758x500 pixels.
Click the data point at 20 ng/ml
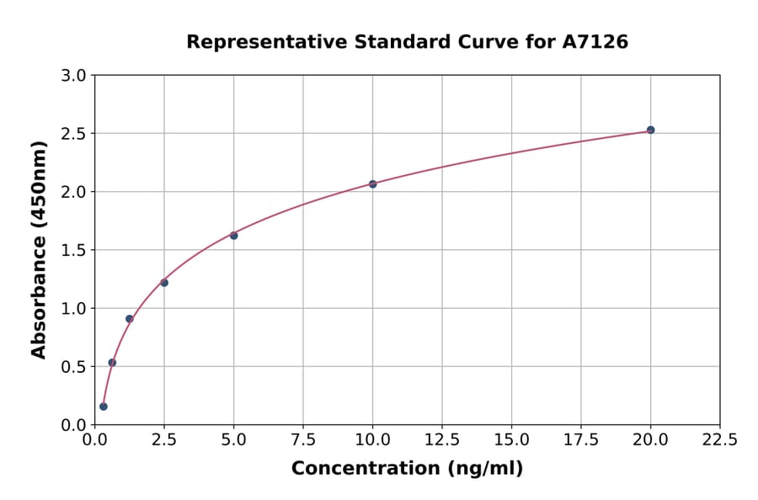(650, 130)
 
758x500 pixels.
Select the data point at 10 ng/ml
(372, 184)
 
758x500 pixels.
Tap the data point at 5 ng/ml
(233, 236)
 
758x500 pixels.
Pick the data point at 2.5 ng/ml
(164, 282)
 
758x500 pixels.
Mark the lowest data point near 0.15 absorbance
(104, 407)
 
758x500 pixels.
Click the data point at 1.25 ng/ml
(130, 318)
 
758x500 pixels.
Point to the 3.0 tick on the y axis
(75, 76)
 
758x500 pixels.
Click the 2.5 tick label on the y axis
(75, 134)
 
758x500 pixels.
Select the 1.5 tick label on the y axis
(75, 250)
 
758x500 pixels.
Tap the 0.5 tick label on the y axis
(75, 367)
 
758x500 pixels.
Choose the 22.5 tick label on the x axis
(719, 439)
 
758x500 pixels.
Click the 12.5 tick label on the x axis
(441, 439)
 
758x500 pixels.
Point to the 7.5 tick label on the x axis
(303, 439)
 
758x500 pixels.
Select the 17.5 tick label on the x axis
(580, 439)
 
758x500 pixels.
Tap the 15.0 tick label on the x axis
(511, 439)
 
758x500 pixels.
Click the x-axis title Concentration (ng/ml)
(407, 469)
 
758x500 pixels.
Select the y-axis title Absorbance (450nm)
(40, 249)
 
